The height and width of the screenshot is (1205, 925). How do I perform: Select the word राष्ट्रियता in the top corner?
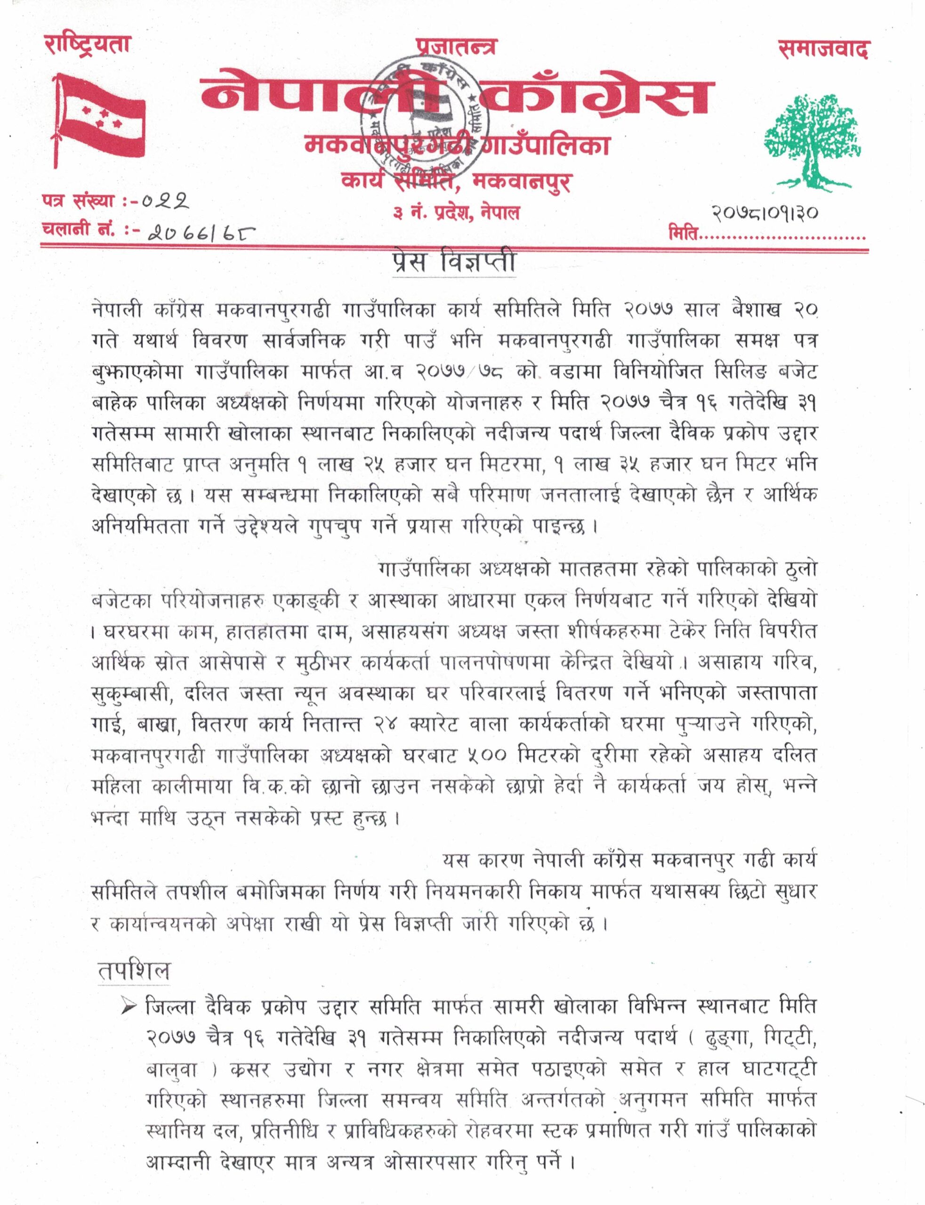pyautogui.click(x=87, y=44)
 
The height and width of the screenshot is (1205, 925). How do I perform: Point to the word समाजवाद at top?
pyautogui.click(x=823, y=49)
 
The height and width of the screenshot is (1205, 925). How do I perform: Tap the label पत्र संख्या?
pyautogui.click(x=77, y=201)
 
